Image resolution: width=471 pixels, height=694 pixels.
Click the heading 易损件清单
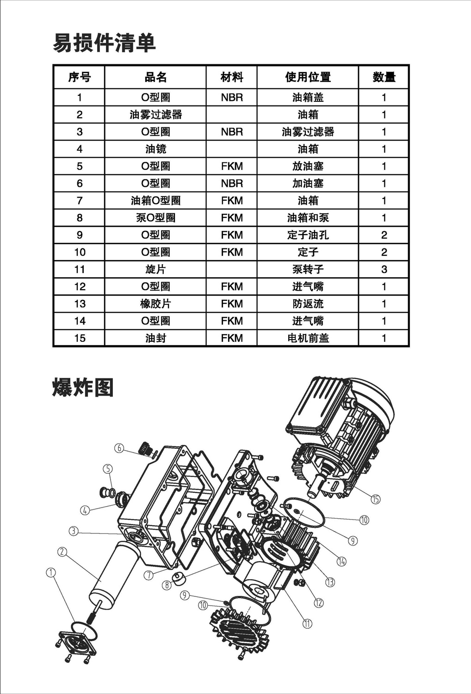point(104,43)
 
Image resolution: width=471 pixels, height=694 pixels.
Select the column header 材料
point(231,77)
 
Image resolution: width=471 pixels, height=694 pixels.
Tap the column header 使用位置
point(308,77)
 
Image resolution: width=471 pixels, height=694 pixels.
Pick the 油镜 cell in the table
point(155,149)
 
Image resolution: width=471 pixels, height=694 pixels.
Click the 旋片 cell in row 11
point(155,269)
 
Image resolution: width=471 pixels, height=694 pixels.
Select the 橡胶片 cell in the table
point(155,304)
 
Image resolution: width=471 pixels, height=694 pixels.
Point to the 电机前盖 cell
point(308,338)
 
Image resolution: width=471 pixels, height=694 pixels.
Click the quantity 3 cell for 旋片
point(384,269)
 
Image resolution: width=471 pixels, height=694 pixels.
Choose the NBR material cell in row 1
point(231,98)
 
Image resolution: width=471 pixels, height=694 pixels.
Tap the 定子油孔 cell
point(308,235)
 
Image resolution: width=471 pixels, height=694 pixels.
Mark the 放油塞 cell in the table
point(308,166)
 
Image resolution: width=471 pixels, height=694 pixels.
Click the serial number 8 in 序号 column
point(80,218)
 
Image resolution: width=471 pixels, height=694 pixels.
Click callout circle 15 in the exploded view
point(376,499)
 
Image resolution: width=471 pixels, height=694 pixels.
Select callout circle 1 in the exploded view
point(50,573)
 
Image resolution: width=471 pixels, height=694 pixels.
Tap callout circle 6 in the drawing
point(119,448)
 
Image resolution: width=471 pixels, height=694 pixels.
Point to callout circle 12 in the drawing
point(319,603)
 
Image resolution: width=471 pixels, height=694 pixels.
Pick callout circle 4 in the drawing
point(85,510)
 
